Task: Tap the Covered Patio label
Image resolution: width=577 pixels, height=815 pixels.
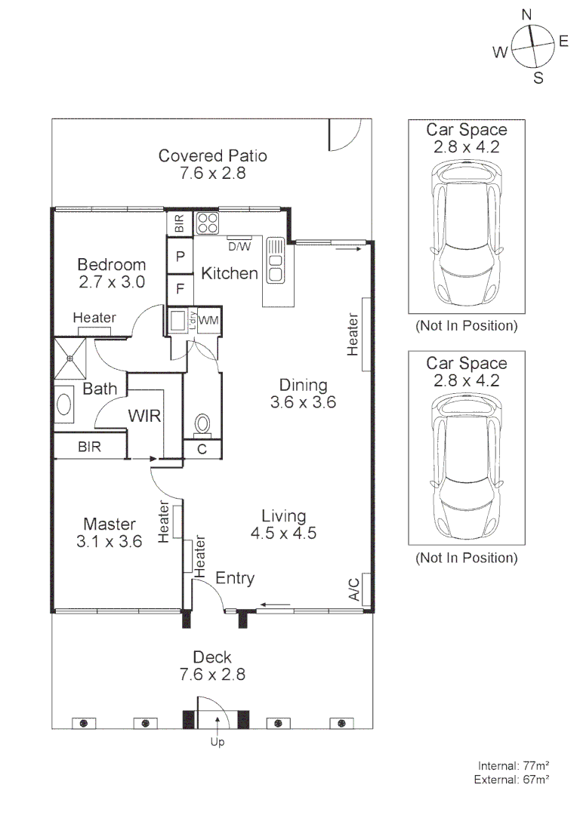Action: (212, 156)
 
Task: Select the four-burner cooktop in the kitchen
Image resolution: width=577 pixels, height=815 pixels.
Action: (208, 224)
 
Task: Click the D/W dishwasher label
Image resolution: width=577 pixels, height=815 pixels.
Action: (239, 245)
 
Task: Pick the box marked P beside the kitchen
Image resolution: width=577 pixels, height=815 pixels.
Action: (181, 257)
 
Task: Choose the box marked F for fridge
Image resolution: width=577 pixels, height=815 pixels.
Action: (181, 288)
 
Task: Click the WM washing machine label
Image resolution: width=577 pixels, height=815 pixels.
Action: (209, 320)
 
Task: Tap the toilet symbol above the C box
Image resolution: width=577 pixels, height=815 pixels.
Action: (202, 424)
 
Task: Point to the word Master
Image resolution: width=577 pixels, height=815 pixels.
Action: (110, 524)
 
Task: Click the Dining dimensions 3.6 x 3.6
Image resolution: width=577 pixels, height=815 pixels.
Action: (302, 403)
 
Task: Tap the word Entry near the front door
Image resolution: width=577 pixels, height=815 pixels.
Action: (235, 579)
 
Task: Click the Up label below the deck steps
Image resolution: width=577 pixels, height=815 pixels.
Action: (218, 741)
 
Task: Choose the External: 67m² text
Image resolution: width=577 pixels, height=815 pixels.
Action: (511, 778)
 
